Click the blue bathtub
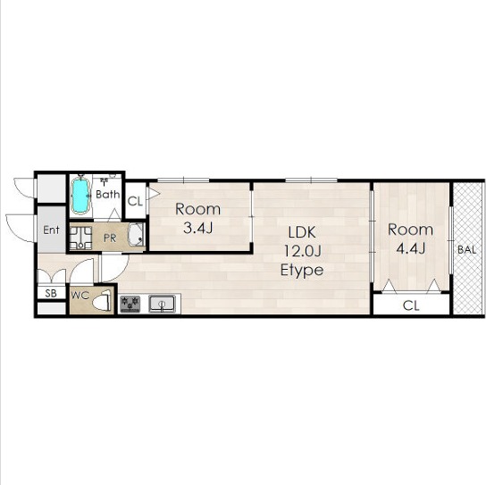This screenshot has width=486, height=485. coord(81,196)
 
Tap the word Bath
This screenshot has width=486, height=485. coord(107,195)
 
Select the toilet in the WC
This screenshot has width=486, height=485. coord(103,300)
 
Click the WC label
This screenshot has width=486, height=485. coord(80,296)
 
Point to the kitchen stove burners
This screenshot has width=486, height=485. coord(130,304)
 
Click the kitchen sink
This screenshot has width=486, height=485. coord(162,304)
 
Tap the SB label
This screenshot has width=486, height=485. coord(51,293)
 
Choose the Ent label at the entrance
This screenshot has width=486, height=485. coord(51,230)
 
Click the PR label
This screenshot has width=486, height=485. coord(110,238)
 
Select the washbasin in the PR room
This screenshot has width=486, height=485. coord(136,235)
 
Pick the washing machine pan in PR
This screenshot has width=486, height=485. coord(80,238)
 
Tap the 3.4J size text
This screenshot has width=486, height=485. coord(197,229)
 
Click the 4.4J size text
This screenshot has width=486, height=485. coord(410,248)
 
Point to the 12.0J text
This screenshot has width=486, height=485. coord(302,251)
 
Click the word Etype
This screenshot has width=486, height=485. coord(302,271)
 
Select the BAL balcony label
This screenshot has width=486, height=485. coord(466,250)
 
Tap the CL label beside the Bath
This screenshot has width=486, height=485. coord(135,202)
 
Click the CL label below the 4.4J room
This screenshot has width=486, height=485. coord(411,305)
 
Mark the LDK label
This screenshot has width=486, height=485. coord(302,232)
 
